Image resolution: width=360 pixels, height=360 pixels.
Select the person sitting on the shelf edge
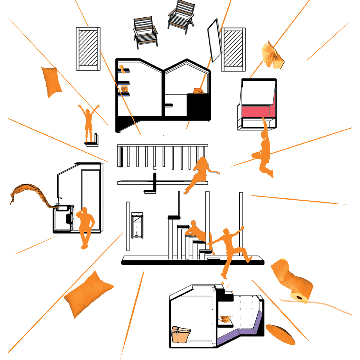pos(200,173)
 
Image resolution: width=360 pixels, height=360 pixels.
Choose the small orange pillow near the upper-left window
pos(51,81)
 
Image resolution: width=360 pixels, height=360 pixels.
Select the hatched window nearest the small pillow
pos(88,49)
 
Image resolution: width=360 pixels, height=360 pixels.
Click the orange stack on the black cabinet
pos(199,90)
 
